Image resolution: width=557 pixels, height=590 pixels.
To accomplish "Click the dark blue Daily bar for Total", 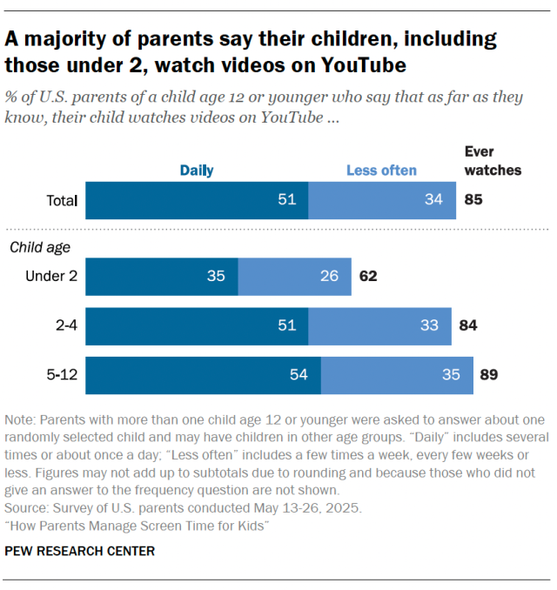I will [197, 201].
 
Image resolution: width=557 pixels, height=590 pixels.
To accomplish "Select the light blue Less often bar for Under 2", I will [294, 276].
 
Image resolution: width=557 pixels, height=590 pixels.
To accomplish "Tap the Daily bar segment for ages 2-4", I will [197, 326].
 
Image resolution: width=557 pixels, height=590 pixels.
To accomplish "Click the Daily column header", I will [197, 171].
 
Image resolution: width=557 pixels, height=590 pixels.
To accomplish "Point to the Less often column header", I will [381, 171].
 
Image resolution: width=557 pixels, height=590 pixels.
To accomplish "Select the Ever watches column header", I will [493, 161].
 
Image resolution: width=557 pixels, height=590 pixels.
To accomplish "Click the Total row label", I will [62, 201].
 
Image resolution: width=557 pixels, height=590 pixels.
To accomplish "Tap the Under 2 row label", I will [51, 277].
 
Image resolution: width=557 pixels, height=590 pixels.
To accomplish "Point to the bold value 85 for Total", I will [473, 201].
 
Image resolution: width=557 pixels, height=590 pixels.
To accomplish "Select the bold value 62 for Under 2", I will [367, 277].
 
